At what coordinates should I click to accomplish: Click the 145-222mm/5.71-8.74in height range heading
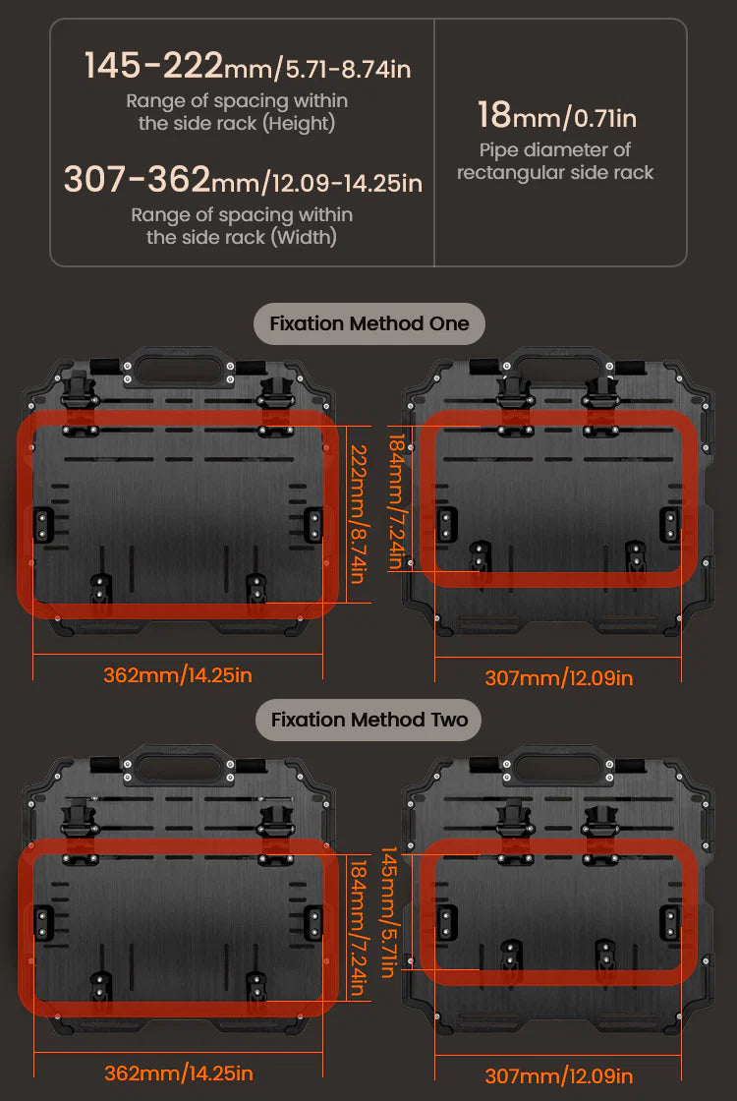pyautogui.click(x=247, y=66)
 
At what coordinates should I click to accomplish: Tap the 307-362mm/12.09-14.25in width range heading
pyautogui.click(x=243, y=180)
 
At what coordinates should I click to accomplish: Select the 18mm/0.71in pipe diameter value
pyautogui.click(x=556, y=115)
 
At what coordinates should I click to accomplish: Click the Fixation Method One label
pyautogui.click(x=369, y=323)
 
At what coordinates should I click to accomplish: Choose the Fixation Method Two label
pyautogui.click(x=369, y=720)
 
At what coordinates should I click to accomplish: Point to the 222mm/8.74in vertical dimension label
pyautogui.click(x=359, y=514)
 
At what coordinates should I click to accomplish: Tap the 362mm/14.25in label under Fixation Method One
pyautogui.click(x=178, y=675)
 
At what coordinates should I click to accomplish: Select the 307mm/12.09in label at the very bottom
pyautogui.click(x=559, y=1075)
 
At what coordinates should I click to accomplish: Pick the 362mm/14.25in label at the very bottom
pyautogui.click(x=179, y=1073)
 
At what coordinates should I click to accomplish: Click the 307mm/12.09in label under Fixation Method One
pyautogui.click(x=559, y=678)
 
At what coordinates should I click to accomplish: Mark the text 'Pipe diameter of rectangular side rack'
pyautogui.click(x=555, y=161)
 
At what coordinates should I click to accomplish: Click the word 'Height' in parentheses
pyautogui.click(x=299, y=124)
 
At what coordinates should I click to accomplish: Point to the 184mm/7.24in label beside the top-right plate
pyautogui.click(x=398, y=501)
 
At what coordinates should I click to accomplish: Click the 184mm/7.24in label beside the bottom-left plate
pyautogui.click(x=359, y=928)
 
